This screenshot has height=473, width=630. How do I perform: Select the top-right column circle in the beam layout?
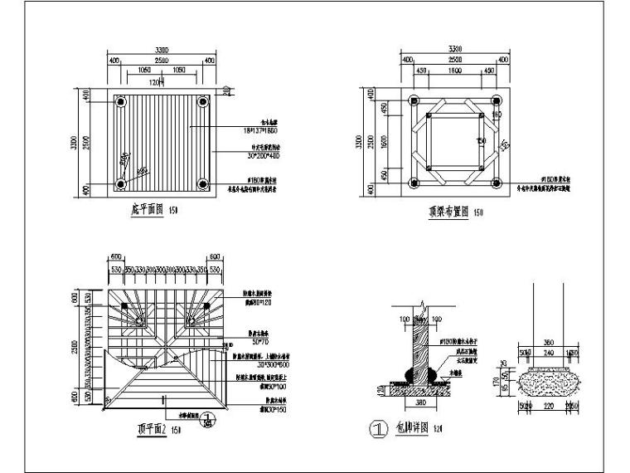(x=497, y=102)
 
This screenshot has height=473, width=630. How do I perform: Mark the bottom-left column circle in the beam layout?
(x=414, y=183)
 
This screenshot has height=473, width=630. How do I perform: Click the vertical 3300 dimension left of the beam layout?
(x=359, y=143)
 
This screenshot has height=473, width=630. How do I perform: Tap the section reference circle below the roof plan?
(x=209, y=420)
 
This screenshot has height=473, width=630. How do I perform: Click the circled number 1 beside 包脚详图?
(x=378, y=430)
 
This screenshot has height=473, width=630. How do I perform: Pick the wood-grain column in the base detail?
(x=424, y=349)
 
